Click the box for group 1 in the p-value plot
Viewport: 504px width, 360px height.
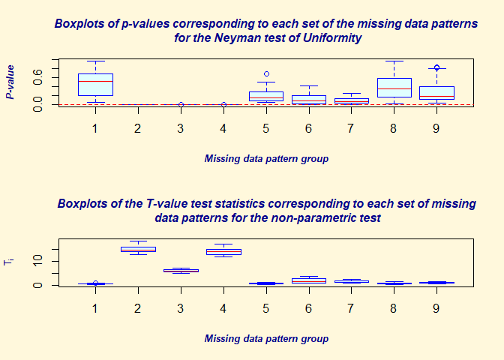pyautogui.click(x=95, y=85)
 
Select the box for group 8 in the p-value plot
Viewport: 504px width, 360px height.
pyautogui.click(x=394, y=88)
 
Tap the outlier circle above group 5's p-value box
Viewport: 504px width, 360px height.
pyautogui.click(x=266, y=74)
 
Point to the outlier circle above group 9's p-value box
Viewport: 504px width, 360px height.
pyautogui.click(x=437, y=67)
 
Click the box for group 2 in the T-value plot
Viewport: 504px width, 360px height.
pyautogui.click(x=138, y=249)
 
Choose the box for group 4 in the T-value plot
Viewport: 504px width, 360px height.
pyautogui.click(x=223, y=252)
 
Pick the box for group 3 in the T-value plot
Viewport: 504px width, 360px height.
pyautogui.click(x=181, y=270)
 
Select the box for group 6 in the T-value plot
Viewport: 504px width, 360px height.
pyautogui.click(x=309, y=280)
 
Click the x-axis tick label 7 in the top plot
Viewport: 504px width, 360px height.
pyautogui.click(x=352, y=128)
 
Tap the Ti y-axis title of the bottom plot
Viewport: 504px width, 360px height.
pyautogui.click(x=10, y=261)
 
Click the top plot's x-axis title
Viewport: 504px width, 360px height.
pyautogui.click(x=266, y=159)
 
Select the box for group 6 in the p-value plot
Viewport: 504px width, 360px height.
pyautogui.click(x=309, y=99)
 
